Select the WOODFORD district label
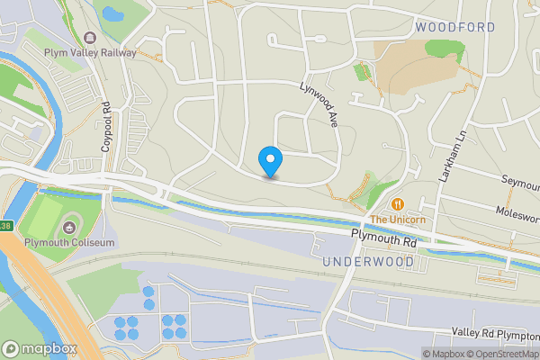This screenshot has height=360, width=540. [x=455, y=28]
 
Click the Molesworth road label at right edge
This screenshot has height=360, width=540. [x=517, y=212]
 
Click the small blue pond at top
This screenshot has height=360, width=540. [x=113, y=13]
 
